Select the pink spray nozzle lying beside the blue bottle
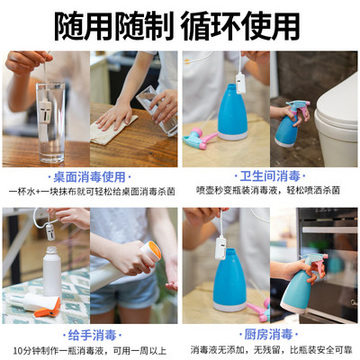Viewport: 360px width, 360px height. tap(200, 138)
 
